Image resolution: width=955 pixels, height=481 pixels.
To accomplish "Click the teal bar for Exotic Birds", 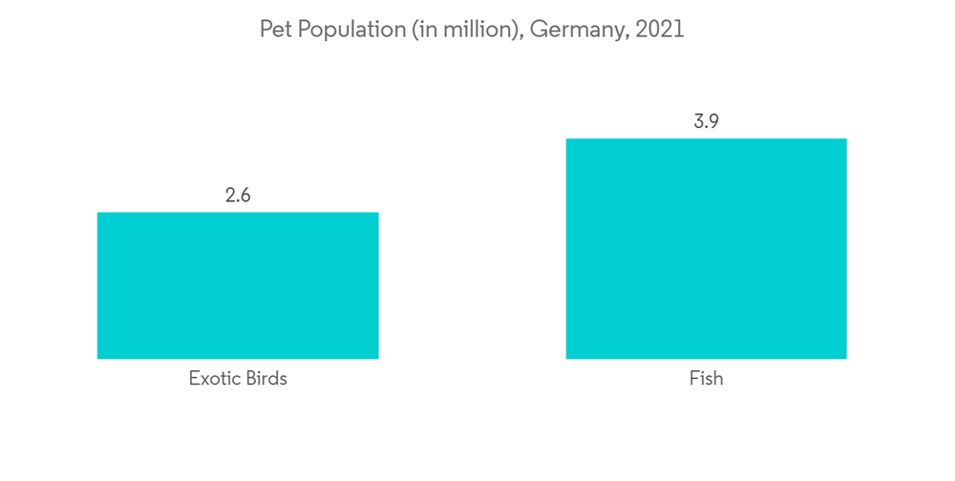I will click(x=238, y=285).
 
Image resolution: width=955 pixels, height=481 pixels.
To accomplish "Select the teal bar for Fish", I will click(x=706, y=248).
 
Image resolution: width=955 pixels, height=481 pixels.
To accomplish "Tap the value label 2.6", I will click(x=238, y=196).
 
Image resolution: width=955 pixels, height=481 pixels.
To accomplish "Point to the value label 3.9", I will click(x=706, y=122).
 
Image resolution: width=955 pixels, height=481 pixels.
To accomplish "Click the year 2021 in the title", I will click(x=660, y=30).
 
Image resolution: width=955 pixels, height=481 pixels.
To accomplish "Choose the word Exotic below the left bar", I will click(x=213, y=378).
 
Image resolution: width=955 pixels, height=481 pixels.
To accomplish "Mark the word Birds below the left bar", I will click(x=264, y=378).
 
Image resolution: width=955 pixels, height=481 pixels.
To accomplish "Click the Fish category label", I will click(x=706, y=378).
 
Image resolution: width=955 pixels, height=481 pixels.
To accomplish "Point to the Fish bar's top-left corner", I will click(x=566, y=139).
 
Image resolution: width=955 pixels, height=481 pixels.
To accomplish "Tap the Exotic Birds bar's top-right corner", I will click(x=378, y=213).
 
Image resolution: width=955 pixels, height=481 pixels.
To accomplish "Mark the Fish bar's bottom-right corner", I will click(x=846, y=359).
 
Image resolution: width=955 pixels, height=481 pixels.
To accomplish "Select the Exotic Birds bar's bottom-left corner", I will click(x=97, y=359).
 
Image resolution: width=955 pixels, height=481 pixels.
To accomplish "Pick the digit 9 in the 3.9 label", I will click(x=713, y=122).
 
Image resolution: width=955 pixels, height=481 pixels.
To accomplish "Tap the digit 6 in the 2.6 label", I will click(x=245, y=196).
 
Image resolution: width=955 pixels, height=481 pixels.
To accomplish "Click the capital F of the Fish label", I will click(x=694, y=378).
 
